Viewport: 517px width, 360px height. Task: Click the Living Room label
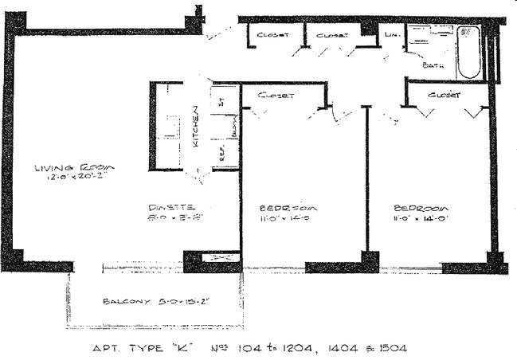click(x=75, y=167)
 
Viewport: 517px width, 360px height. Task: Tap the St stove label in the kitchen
click(x=223, y=101)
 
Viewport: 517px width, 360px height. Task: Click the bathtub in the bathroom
click(x=469, y=53)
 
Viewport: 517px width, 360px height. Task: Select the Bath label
click(x=433, y=65)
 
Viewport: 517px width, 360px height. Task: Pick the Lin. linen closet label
click(x=392, y=35)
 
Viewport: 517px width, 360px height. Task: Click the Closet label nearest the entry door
click(x=271, y=35)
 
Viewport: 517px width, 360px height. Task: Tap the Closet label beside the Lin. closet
click(x=332, y=35)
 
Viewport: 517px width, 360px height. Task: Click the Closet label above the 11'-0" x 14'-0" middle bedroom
click(x=277, y=95)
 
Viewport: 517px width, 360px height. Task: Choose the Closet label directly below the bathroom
click(x=444, y=95)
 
